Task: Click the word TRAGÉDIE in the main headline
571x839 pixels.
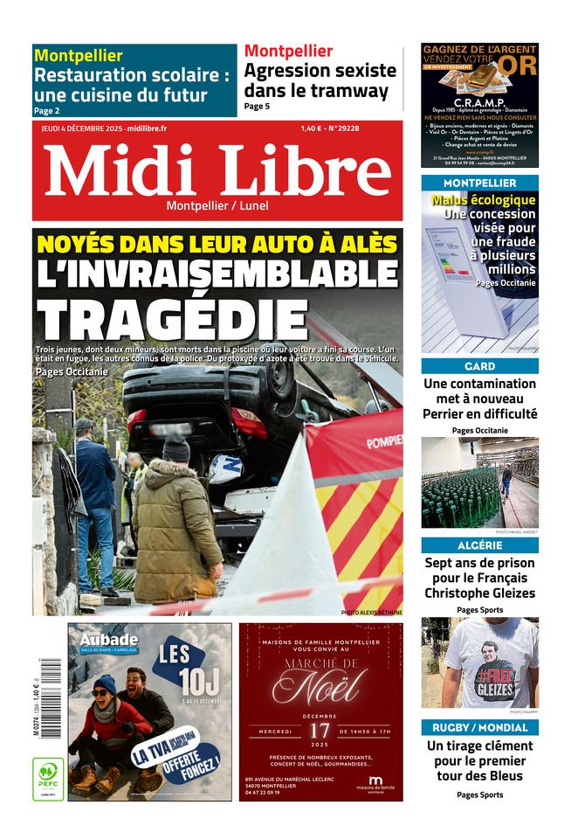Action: point(173,320)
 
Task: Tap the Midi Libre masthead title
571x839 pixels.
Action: point(217,170)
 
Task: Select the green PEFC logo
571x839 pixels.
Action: point(48,779)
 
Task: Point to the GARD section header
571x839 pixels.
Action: point(479,366)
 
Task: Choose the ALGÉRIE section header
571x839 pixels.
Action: point(479,545)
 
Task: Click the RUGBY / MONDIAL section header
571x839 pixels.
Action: point(479,727)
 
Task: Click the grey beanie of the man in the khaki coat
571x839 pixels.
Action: point(175,449)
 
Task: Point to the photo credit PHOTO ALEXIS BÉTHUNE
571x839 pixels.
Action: point(371,613)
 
